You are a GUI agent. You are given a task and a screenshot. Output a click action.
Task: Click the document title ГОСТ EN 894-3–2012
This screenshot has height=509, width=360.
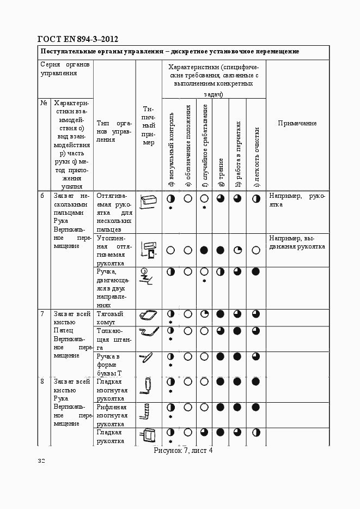(77, 39)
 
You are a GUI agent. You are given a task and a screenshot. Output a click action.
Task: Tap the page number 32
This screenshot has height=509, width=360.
(41, 461)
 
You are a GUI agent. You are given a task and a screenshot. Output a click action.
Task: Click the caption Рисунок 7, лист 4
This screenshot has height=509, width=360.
(183, 450)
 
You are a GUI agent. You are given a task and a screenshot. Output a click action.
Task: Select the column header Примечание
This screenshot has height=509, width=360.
(297, 123)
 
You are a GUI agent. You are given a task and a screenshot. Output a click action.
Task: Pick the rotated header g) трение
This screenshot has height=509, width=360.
(221, 172)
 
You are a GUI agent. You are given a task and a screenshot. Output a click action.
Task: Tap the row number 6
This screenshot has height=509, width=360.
(42, 196)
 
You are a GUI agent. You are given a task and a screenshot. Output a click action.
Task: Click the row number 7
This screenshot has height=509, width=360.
(42, 314)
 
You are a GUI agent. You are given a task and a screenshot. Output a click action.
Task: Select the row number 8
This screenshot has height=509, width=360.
(42, 381)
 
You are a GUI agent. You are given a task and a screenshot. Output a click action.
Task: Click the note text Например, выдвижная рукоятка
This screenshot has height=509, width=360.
(297, 243)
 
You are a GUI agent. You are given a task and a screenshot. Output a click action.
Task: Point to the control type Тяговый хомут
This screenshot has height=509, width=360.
(110, 318)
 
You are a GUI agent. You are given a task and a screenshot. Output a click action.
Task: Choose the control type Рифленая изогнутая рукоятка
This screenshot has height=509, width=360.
(112, 415)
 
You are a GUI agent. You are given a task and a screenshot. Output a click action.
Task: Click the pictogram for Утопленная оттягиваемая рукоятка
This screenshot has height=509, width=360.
(148, 250)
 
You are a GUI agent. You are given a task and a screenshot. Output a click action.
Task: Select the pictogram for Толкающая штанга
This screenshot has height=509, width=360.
(148, 332)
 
